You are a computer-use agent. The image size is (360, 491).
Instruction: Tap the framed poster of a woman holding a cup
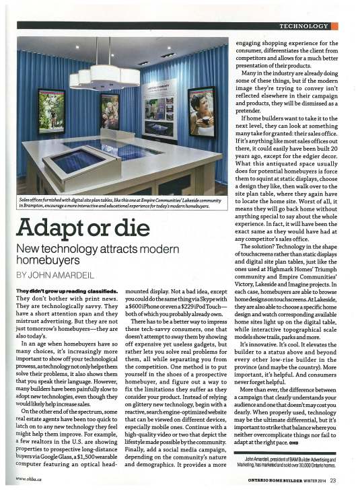(x=201, y=110)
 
